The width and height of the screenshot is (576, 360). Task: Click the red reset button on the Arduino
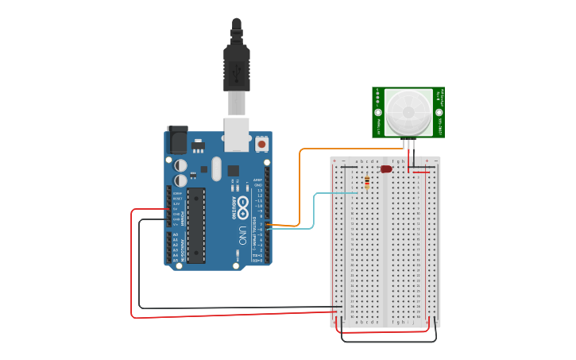coord(261,145)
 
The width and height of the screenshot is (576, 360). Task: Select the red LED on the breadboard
coord(386,169)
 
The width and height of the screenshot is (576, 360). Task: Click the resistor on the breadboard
coord(366,184)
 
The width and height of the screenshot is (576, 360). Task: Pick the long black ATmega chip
coord(195,225)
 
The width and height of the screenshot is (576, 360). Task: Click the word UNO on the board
coord(242,235)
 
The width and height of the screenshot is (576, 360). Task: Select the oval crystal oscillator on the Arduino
coord(217,168)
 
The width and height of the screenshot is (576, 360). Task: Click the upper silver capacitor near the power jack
coord(181,165)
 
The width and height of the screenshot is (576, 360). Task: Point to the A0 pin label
coord(175,234)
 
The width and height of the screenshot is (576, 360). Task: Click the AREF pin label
coord(257,180)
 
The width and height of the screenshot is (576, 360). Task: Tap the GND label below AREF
coord(258,185)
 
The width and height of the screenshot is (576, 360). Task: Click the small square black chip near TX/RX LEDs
coord(234,170)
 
